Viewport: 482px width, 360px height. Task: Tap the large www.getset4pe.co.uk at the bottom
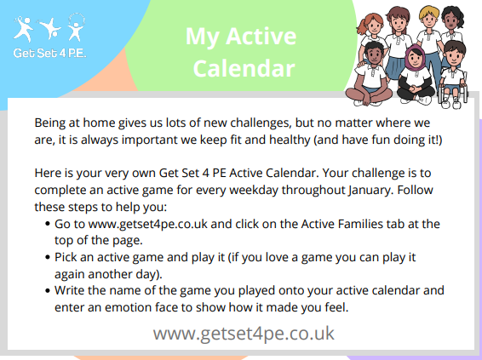tap(244, 332)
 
